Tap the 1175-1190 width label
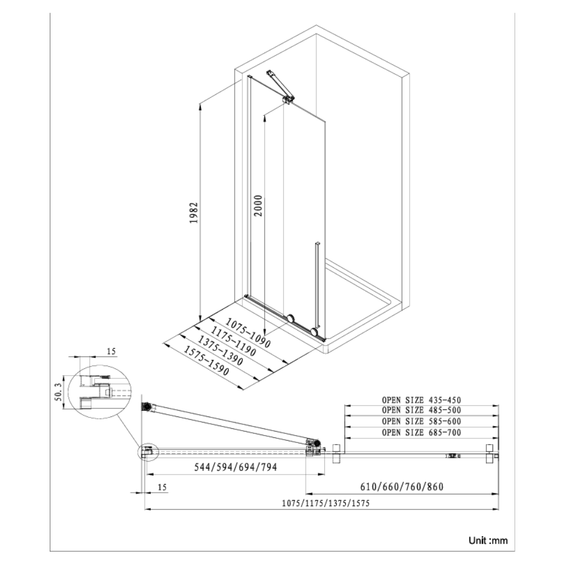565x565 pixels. pos(232,342)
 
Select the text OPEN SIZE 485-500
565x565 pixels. pos(421,411)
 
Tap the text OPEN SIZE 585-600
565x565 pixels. pos(421,422)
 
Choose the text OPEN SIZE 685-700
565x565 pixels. pos(421,433)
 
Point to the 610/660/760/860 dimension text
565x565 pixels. pos(401,486)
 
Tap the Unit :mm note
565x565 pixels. pos(488,541)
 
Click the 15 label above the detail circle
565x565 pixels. pos(111,351)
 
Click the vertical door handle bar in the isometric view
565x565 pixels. pos(318,285)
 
